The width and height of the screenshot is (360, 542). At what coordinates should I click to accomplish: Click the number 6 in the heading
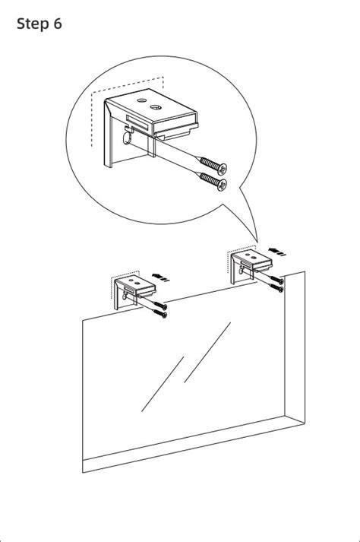point(58,24)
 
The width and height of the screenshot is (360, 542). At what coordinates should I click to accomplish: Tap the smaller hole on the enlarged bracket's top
point(142,100)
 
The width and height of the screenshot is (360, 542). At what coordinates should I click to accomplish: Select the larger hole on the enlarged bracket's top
point(156,107)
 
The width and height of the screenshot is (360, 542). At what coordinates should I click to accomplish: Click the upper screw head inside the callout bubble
point(222,168)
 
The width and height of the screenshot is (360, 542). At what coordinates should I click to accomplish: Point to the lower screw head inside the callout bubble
point(222,185)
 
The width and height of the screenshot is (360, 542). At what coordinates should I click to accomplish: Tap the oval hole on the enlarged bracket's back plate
point(127,138)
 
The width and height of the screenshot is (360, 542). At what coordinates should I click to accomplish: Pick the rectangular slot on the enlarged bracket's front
point(137,122)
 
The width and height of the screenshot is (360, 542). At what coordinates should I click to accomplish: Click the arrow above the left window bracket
point(161,277)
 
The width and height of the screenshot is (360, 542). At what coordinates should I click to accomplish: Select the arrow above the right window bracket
point(277,252)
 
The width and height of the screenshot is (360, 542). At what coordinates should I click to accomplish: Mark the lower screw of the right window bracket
point(276,287)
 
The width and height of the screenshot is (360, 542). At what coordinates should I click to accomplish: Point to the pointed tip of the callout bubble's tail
point(257,242)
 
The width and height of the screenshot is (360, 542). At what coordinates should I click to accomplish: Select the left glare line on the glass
point(163,384)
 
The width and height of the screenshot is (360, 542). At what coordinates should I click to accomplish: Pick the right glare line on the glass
point(207,352)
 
